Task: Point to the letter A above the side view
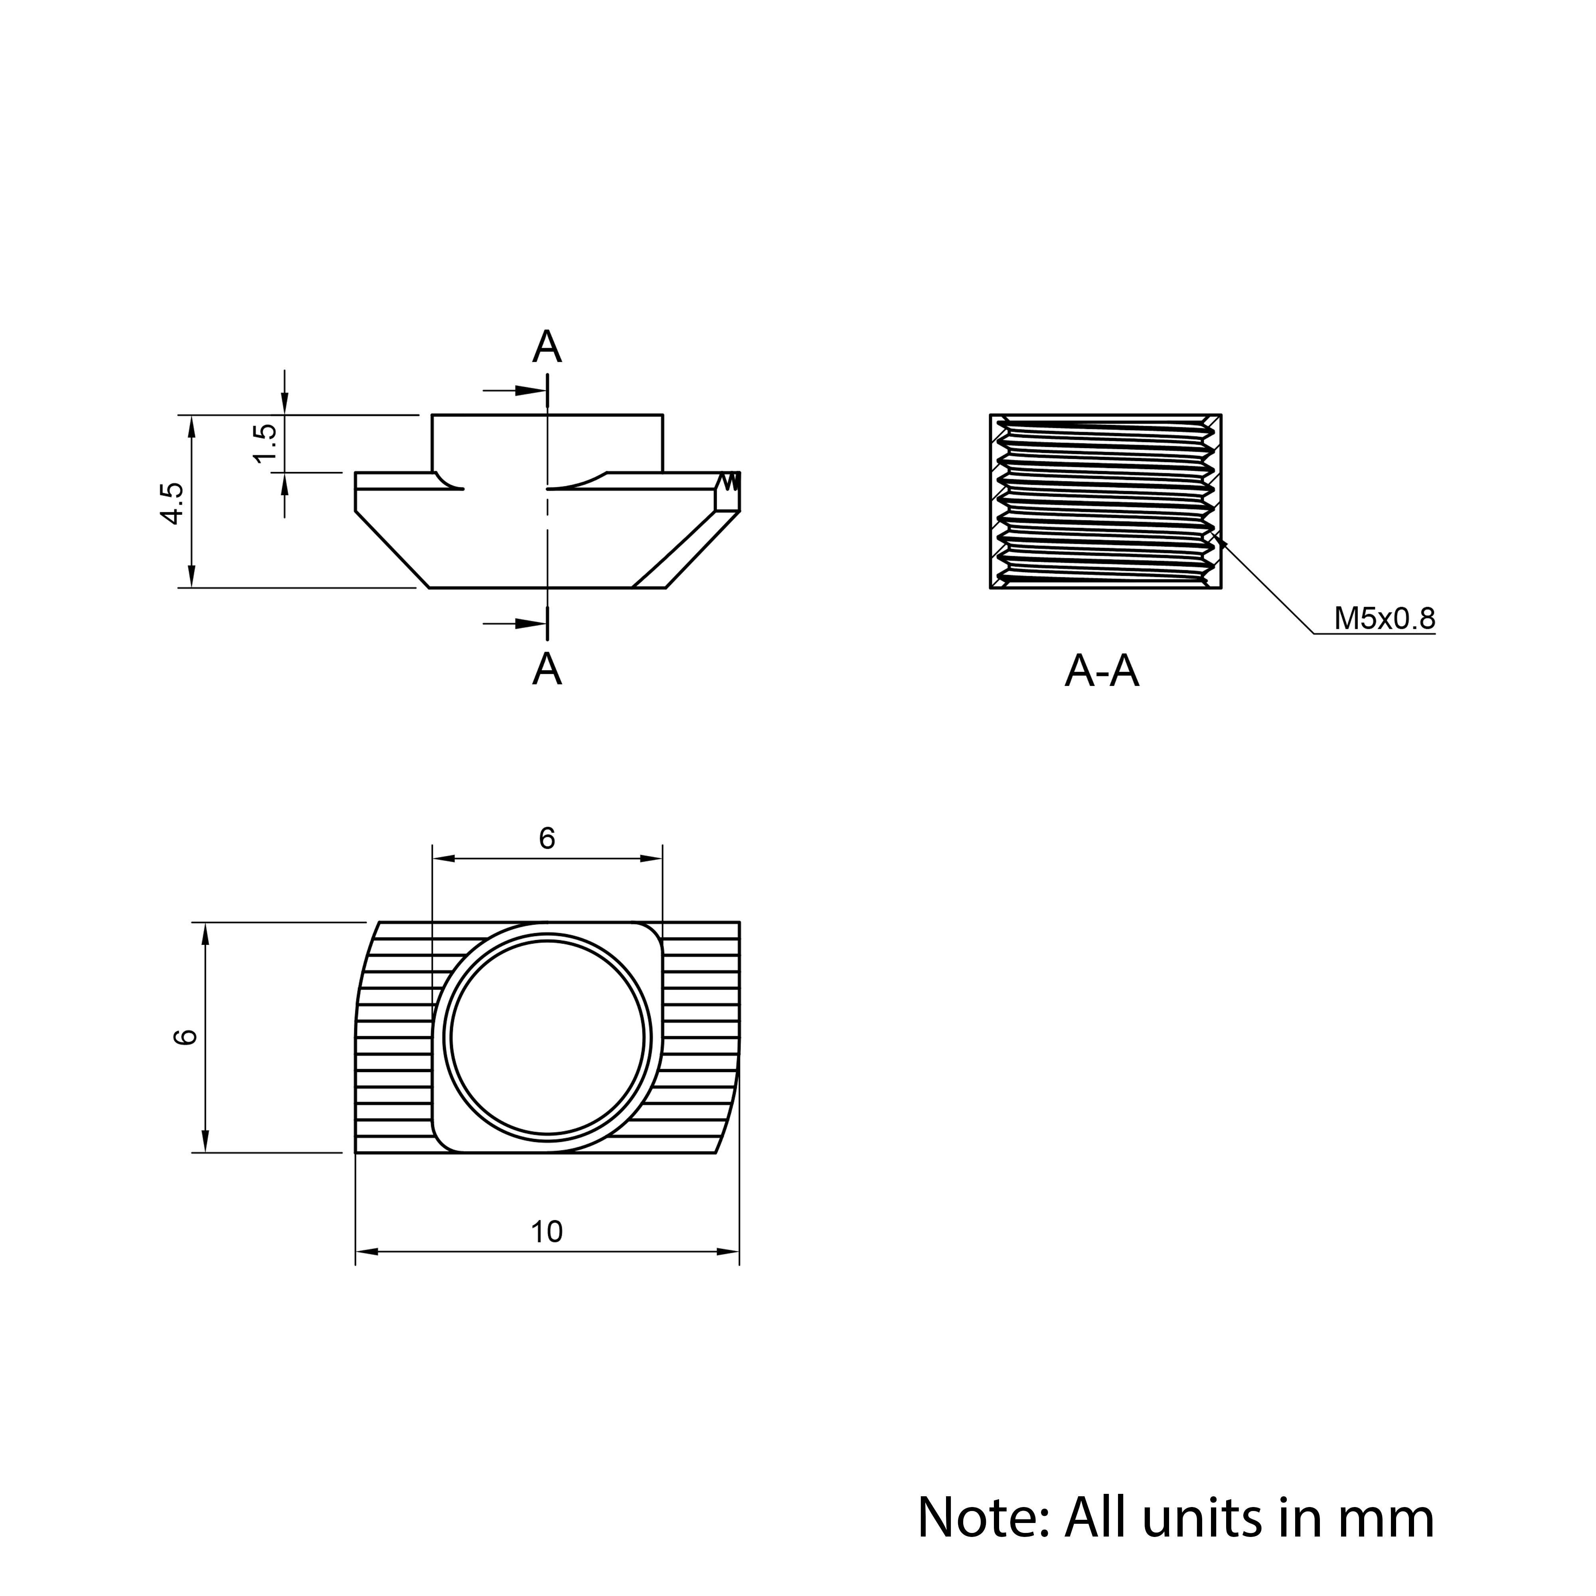(x=547, y=347)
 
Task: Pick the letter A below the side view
(x=547, y=669)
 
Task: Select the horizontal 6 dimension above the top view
(x=547, y=838)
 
